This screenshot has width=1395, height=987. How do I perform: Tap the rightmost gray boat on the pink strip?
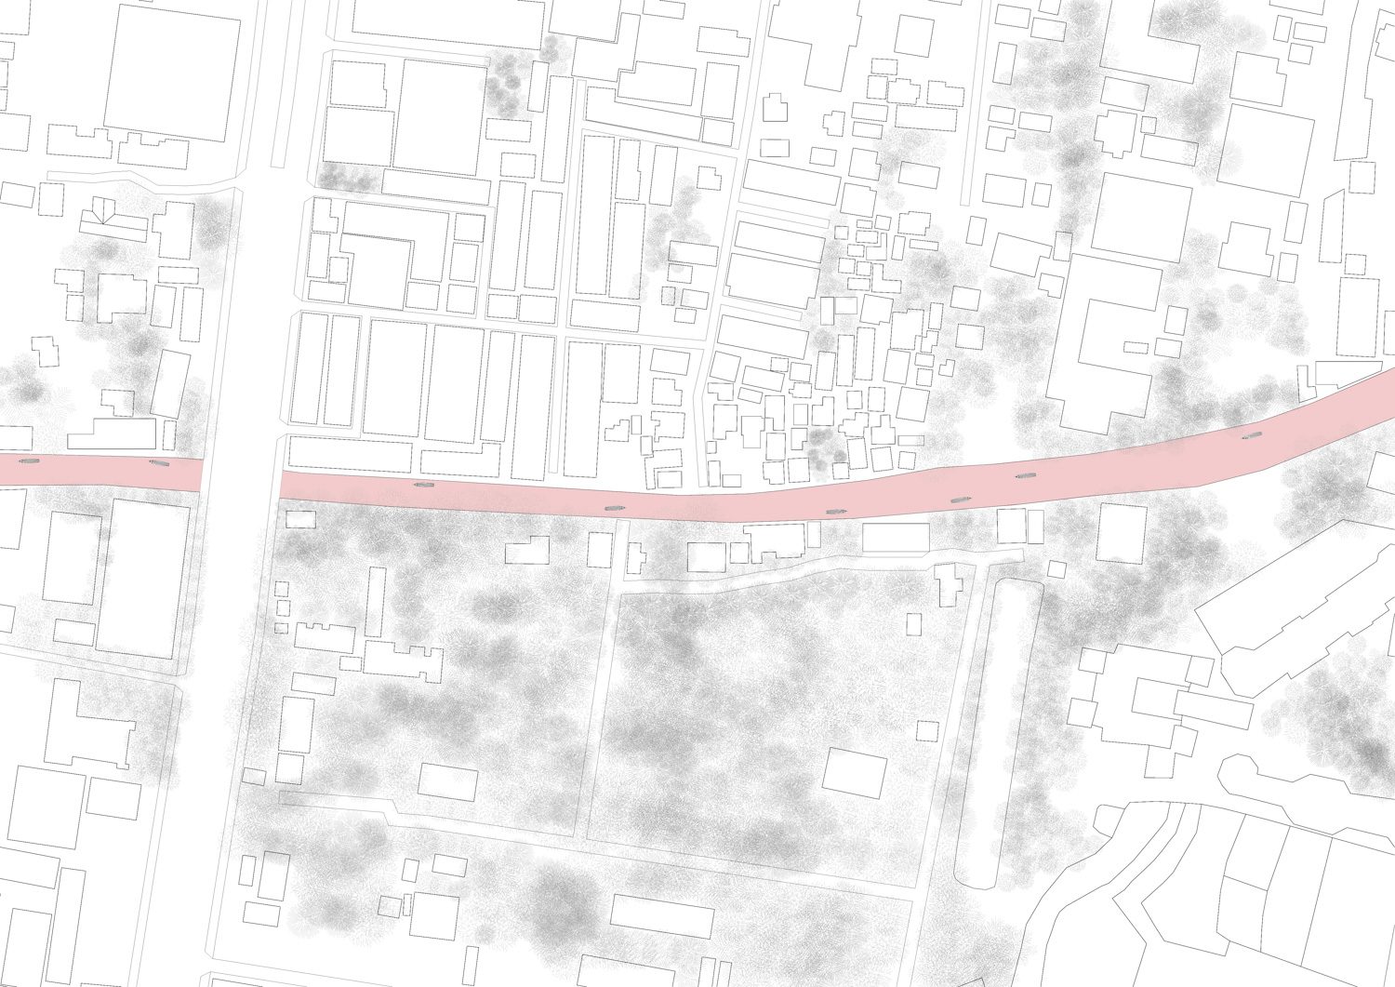pos(1252,435)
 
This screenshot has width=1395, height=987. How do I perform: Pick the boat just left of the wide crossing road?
pos(159,462)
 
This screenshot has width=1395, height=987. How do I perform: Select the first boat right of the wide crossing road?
pos(424,486)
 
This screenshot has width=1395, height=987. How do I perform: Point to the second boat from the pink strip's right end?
pos(1026,476)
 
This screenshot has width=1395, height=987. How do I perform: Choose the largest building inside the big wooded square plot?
pos(854,772)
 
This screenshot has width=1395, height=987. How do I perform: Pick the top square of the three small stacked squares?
pos(281,588)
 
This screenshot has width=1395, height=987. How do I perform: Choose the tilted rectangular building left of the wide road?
pos(171,383)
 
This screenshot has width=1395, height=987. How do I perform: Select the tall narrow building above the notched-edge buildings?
pos(375,601)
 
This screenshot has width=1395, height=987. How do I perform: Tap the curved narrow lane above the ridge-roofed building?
pos(139,178)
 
